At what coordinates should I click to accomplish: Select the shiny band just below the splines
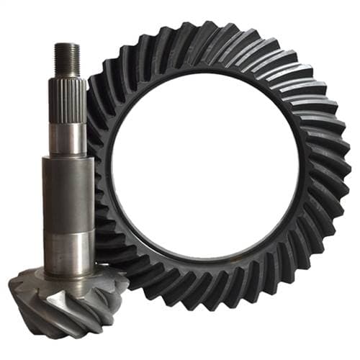tap(68, 139)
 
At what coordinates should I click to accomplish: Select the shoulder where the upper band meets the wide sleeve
tap(68, 158)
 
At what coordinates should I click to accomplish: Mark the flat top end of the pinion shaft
tap(66, 45)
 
